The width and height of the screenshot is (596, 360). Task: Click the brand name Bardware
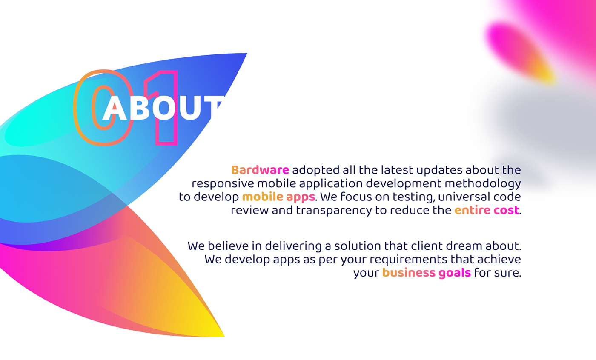click(x=260, y=170)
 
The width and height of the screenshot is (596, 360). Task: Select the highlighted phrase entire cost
click(x=487, y=210)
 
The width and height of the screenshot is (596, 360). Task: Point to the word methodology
click(x=483, y=184)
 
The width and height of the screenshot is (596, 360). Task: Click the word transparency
click(x=334, y=211)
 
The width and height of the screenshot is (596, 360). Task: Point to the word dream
click(x=464, y=246)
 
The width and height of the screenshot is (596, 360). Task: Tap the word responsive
click(x=223, y=184)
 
